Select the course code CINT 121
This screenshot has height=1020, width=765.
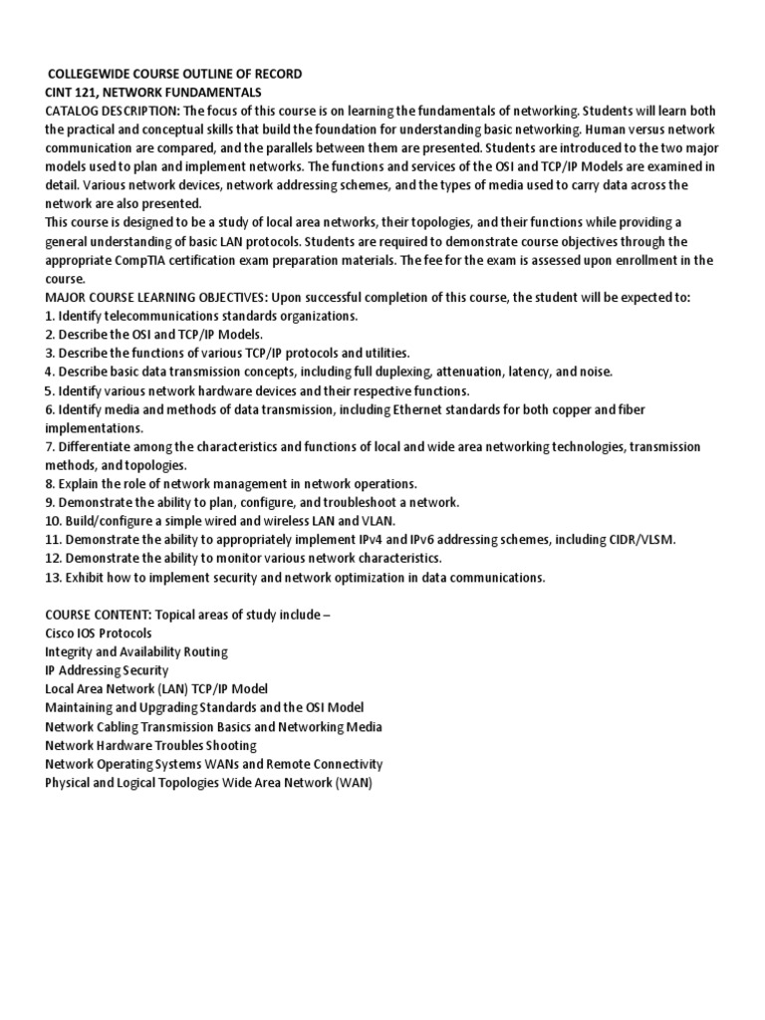coord(72,92)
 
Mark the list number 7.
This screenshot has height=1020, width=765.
coord(50,446)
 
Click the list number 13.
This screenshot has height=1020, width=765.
coord(54,577)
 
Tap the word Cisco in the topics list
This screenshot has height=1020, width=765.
coord(62,633)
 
